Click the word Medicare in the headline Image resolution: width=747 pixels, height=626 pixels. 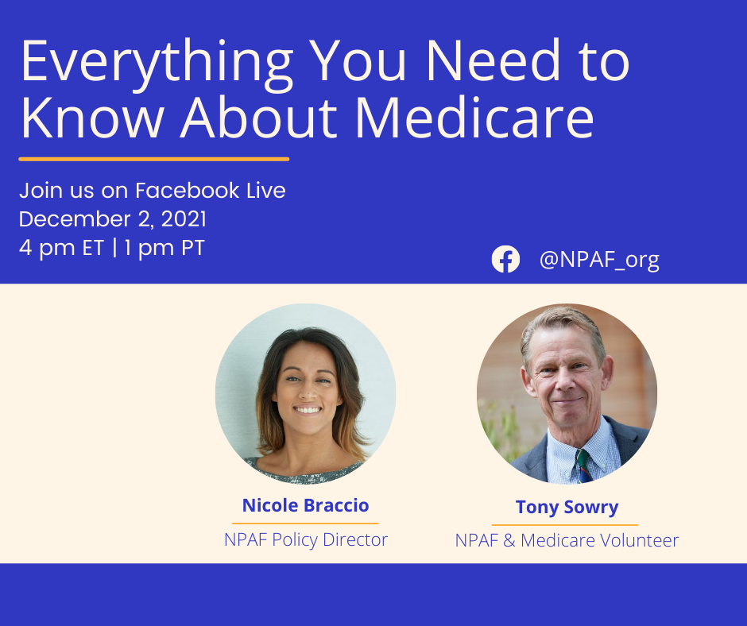click(475, 118)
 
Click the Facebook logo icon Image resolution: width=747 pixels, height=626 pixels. click(505, 259)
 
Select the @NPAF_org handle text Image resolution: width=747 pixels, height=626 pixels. click(599, 260)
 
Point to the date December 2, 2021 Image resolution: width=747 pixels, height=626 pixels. click(112, 219)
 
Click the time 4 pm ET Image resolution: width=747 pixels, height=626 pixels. click(61, 248)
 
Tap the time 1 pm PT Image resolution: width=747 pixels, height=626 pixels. click(164, 248)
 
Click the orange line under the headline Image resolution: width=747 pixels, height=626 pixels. click(154, 159)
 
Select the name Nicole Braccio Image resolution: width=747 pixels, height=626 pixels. click(305, 505)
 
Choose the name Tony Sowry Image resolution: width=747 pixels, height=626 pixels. click(567, 507)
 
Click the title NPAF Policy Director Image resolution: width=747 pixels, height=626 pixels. click(306, 539)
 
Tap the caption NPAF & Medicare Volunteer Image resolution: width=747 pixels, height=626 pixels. click(567, 541)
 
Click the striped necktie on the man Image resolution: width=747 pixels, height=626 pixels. click(583, 466)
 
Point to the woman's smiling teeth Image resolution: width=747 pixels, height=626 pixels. click(308, 410)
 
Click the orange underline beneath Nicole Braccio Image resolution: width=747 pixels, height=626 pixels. click(305, 523)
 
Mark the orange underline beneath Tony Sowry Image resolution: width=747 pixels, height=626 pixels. click(565, 525)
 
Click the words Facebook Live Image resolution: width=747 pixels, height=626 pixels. click(210, 191)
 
